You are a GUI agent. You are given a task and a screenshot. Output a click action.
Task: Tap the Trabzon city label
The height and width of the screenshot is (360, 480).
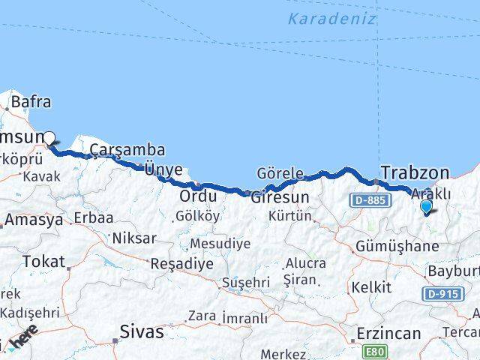pos(415,172)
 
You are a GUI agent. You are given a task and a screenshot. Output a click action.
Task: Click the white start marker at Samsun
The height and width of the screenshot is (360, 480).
pos(49,138)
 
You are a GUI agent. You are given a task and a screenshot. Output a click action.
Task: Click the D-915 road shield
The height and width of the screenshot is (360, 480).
pos(442,294)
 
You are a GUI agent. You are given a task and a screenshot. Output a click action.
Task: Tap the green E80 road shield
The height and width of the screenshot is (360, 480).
pos(375,350)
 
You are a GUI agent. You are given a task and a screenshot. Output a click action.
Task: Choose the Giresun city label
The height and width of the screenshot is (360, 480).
pos(280,197)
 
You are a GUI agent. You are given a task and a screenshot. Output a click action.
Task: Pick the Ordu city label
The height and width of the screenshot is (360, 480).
pos(198,196)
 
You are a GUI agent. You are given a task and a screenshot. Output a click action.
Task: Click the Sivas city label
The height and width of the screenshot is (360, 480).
pos(142,331)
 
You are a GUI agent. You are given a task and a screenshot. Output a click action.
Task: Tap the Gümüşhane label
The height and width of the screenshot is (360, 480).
pos(397,246)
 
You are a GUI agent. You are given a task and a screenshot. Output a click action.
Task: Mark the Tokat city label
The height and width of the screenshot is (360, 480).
pos(44,261)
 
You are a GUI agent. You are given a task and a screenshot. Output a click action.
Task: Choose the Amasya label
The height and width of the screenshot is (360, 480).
pos(34,220)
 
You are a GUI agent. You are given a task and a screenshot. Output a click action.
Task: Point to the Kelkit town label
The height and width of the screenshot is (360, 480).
pos(371,287)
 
